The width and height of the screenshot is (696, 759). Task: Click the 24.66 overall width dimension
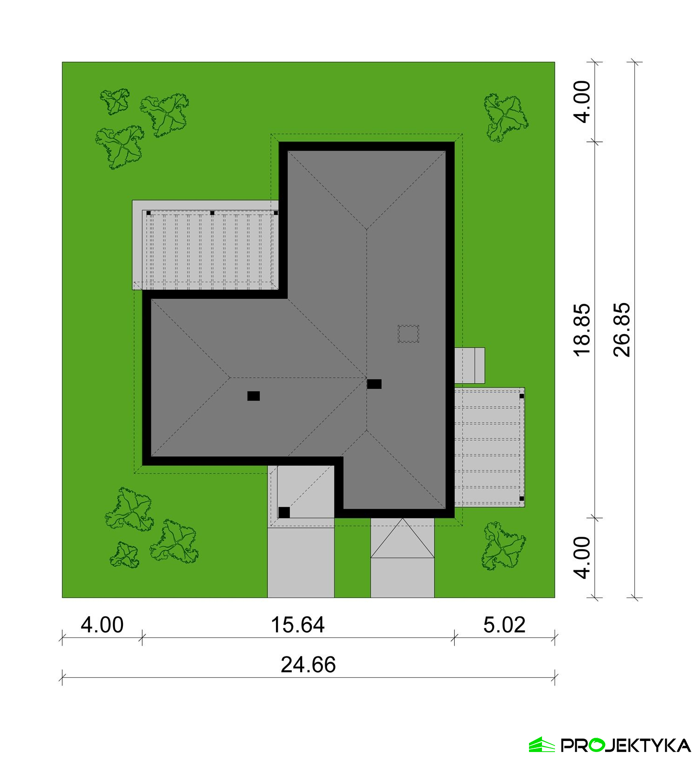click(x=308, y=665)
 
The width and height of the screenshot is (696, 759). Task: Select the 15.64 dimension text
click(x=297, y=625)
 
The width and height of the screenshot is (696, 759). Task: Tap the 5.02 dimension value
click(x=504, y=625)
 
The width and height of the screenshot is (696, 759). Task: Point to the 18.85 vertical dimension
click(x=582, y=330)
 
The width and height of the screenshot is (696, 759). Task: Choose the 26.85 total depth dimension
click(x=622, y=330)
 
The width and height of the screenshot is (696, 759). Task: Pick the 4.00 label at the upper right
click(x=582, y=102)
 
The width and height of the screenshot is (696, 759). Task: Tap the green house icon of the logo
click(x=542, y=745)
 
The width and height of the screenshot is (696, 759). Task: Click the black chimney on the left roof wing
click(x=253, y=396)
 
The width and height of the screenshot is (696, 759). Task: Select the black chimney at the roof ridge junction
click(x=374, y=384)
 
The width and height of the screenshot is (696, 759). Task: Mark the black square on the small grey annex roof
click(x=284, y=513)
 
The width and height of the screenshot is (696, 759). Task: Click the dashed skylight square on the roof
click(x=408, y=334)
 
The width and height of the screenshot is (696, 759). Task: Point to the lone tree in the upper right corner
click(x=505, y=117)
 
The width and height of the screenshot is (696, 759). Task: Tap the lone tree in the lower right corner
click(x=503, y=546)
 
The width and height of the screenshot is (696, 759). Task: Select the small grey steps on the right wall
click(x=470, y=366)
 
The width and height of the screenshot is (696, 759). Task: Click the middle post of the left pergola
click(x=212, y=213)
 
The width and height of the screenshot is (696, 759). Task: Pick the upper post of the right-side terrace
click(x=522, y=396)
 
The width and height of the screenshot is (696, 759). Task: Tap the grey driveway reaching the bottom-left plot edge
click(x=301, y=562)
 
